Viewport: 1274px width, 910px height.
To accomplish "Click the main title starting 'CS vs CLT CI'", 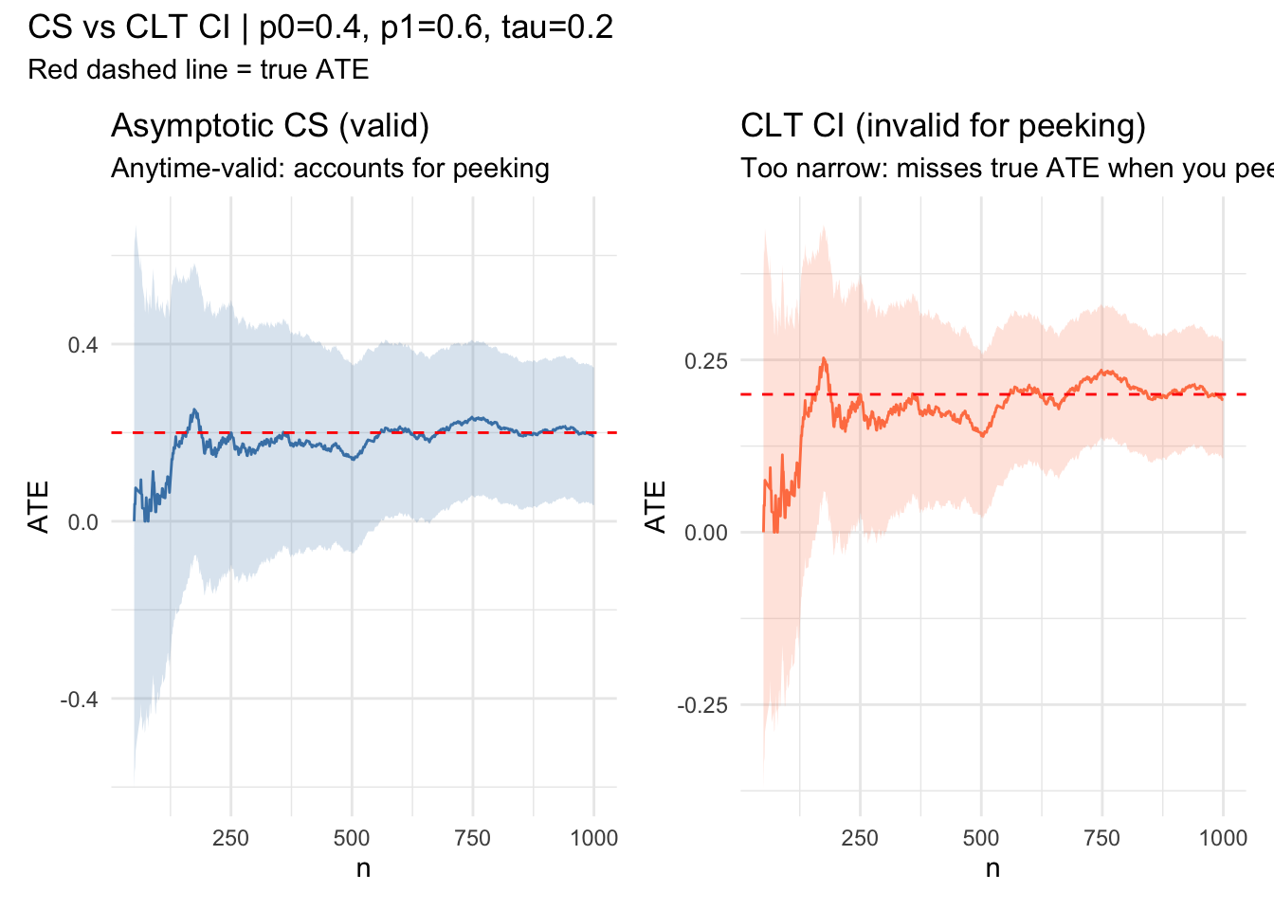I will click(x=320, y=27).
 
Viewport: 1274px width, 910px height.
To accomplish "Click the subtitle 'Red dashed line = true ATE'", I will click(x=198, y=69).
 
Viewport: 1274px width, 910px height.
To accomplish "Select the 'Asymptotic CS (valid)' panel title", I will click(x=270, y=125).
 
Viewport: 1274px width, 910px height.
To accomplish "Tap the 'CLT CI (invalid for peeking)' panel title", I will click(x=943, y=125).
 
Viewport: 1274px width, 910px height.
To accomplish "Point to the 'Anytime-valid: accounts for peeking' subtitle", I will click(x=330, y=168).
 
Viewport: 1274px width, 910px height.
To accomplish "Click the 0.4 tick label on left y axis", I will click(x=82, y=344).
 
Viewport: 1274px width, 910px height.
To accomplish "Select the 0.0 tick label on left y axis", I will click(x=82, y=521).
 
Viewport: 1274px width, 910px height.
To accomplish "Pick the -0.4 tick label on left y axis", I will click(x=80, y=699).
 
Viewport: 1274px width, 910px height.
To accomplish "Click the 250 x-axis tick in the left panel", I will click(x=230, y=838).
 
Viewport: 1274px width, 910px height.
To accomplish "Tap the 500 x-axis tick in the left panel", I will click(x=352, y=838).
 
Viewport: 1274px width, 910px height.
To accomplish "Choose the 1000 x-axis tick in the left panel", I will click(x=594, y=838).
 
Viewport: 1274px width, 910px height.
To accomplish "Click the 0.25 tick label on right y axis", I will click(x=706, y=360).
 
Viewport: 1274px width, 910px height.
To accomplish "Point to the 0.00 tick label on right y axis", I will click(x=706, y=533).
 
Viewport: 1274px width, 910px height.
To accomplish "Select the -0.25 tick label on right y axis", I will click(x=703, y=704).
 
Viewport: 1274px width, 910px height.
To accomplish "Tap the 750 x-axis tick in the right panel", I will click(x=1101, y=838).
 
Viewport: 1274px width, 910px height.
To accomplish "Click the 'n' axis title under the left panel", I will click(x=363, y=867).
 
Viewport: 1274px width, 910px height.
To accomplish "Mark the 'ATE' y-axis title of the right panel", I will click(x=656, y=506).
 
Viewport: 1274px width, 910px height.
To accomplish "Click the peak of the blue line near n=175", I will click(x=194, y=409).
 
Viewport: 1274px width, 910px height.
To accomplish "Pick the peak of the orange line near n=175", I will click(x=824, y=358).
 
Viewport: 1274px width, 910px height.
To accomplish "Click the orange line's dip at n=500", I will click(x=982, y=435).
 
